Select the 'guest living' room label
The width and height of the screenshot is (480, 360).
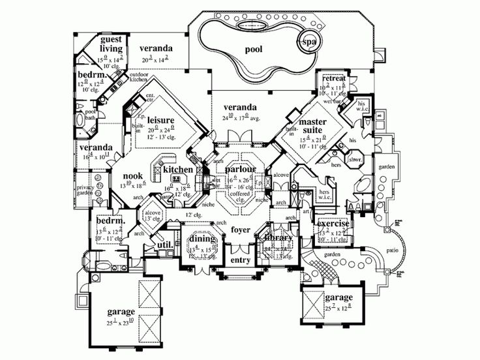(x=111, y=44)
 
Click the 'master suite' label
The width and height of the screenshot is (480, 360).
(x=317, y=127)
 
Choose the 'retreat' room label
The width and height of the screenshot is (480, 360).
(x=333, y=79)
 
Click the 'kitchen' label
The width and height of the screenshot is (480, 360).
(x=178, y=170)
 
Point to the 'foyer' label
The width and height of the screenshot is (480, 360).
(x=240, y=230)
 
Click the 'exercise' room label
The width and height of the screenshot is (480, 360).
(x=333, y=224)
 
